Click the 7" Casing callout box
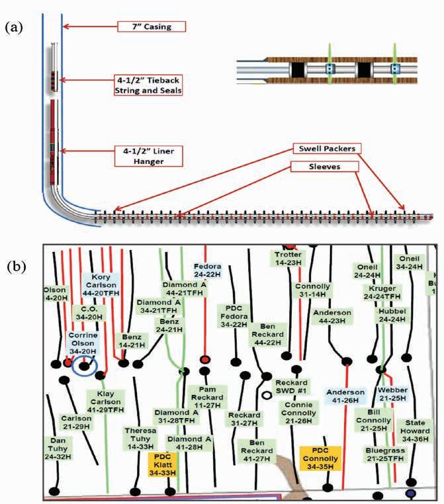[x=152, y=27]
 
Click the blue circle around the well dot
[x=84, y=365]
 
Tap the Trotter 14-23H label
[x=288, y=259]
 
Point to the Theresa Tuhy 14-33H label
[x=141, y=438]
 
